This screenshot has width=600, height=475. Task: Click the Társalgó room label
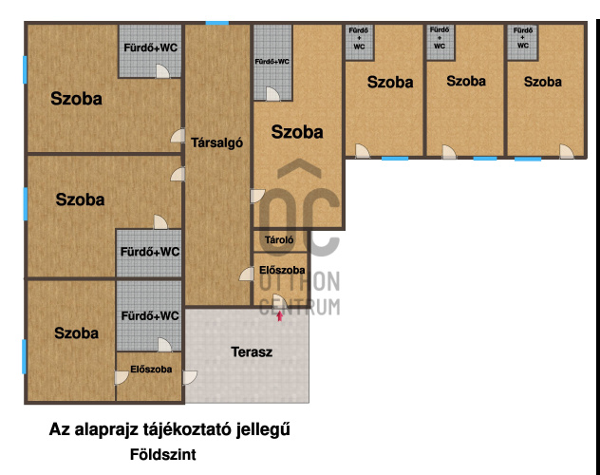click(217, 142)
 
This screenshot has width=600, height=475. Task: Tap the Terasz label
click(252, 351)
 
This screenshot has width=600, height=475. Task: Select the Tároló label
click(279, 240)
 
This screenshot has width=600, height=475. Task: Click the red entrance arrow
click(280, 315)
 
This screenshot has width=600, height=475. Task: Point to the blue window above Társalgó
click(217, 23)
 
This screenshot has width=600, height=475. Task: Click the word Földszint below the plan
click(163, 454)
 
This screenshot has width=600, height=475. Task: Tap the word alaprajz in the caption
click(106, 429)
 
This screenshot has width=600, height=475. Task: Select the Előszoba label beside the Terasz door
click(151, 370)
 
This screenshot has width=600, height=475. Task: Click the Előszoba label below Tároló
click(282, 270)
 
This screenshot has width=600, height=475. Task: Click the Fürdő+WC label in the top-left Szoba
click(150, 47)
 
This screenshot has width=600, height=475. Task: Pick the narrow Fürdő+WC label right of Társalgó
click(272, 62)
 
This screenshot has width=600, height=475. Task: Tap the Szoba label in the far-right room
click(543, 82)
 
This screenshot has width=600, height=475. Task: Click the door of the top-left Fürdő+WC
click(162, 71)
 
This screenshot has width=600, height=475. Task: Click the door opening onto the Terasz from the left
click(190, 378)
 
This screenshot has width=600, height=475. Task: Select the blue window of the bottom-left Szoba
click(24, 357)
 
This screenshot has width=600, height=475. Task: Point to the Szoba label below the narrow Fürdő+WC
click(297, 132)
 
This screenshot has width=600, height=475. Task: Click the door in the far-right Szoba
click(567, 151)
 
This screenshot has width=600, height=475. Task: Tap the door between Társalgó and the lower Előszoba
click(247, 274)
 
